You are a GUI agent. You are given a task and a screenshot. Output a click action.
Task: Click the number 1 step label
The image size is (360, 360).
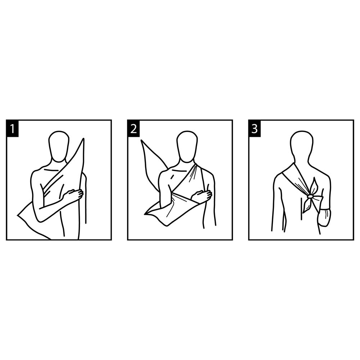pyautogui.click(x=12, y=129)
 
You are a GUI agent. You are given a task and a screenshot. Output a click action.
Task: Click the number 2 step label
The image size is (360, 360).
pyautogui.click(x=134, y=129)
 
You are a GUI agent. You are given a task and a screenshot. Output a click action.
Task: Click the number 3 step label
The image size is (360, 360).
pyautogui.click(x=255, y=129)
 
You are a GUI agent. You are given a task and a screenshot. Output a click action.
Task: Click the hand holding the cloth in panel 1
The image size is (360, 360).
pyautogui.click(x=73, y=195)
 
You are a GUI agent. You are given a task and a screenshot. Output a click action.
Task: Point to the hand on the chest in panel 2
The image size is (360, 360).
pyautogui.click(x=202, y=195)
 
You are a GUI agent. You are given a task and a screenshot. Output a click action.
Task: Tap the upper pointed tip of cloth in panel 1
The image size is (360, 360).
pyautogui.click(x=83, y=139)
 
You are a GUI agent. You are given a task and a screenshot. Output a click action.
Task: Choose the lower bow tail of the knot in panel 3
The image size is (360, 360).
pyautogui.click(x=306, y=206)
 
